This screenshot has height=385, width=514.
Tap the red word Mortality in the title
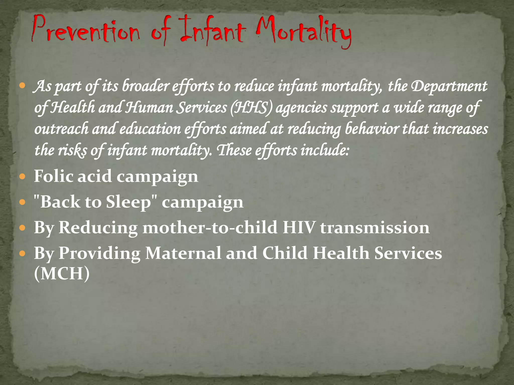(x=304, y=33)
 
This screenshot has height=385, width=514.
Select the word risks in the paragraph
(x=73, y=150)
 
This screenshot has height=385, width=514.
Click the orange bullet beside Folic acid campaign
(x=22, y=177)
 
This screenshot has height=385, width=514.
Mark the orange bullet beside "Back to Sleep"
(x=22, y=203)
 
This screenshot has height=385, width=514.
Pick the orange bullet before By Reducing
(x=22, y=228)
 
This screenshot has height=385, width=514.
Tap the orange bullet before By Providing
(x=22, y=254)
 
